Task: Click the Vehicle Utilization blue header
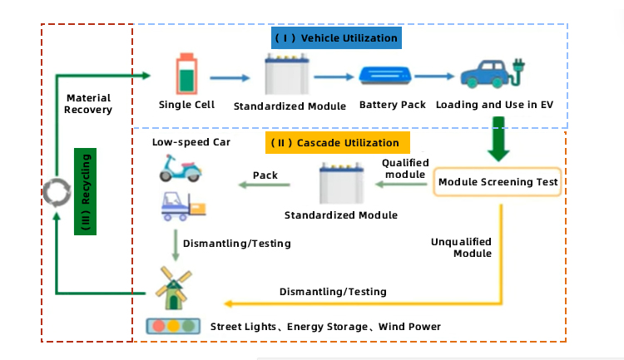(336, 38)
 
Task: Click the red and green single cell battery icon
(187, 74)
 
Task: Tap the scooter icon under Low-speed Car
(181, 170)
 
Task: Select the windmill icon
(174, 283)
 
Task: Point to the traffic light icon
(174, 326)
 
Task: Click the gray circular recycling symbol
(56, 193)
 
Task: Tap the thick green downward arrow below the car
(499, 140)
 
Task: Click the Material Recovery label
(88, 104)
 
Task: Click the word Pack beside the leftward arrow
(265, 175)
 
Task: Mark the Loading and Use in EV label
(494, 105)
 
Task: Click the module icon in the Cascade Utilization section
(340, 185)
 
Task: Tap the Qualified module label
(405, 168)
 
